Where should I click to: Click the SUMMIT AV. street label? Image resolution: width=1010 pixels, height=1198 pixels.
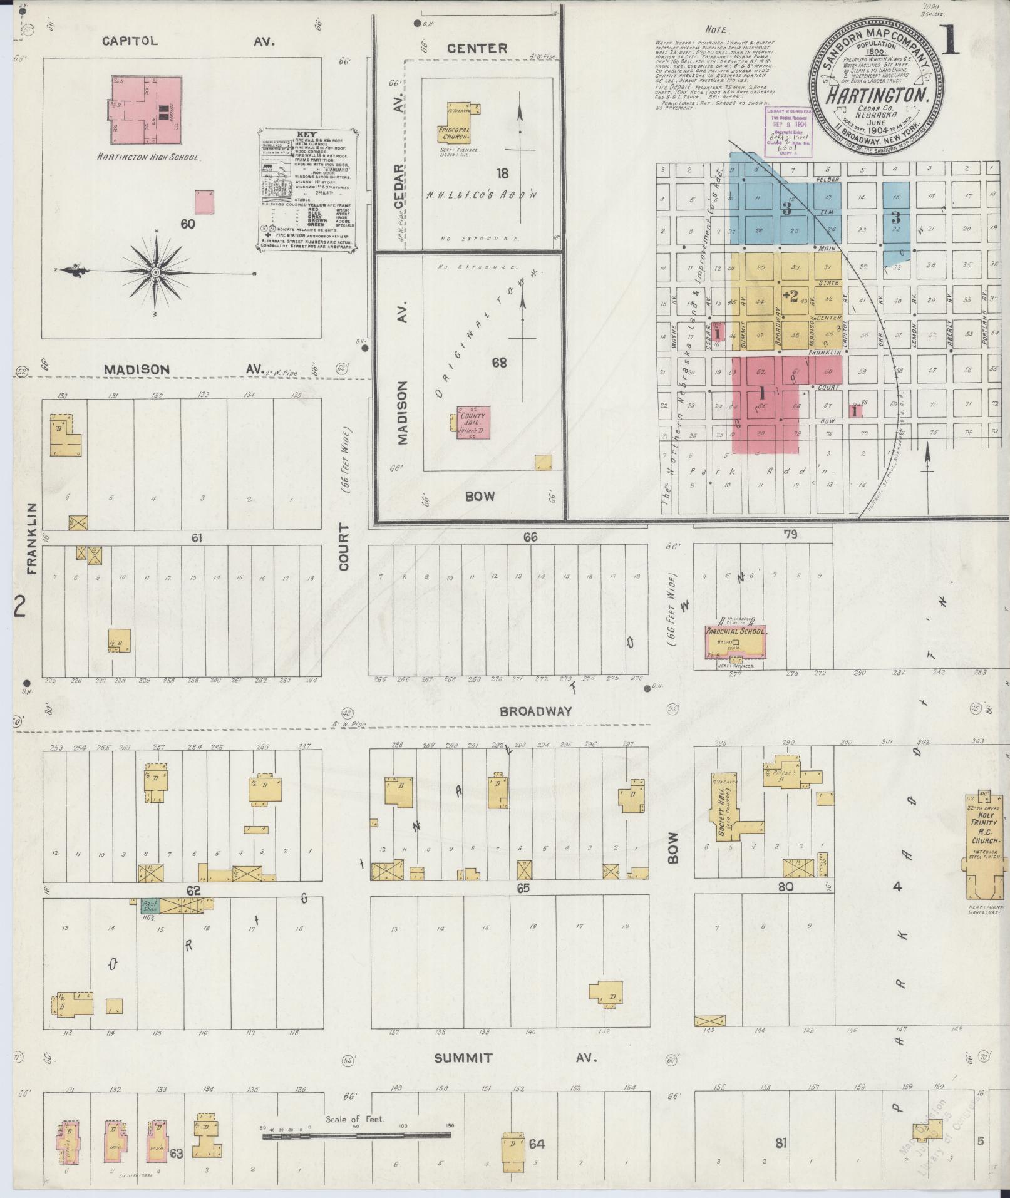513,1058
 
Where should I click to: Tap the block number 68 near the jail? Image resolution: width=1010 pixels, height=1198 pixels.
499,363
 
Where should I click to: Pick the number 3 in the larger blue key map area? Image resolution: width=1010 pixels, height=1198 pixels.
786,209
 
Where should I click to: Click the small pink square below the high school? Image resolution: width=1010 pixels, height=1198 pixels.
204,203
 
